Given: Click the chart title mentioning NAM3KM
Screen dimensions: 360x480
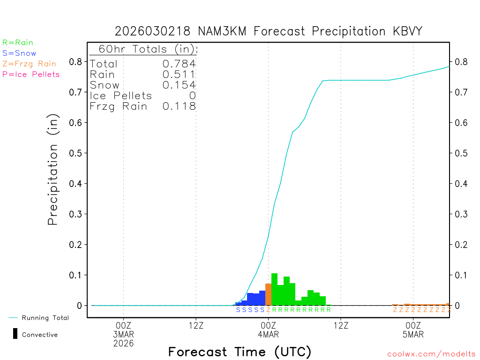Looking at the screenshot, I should click(x=269, y=31).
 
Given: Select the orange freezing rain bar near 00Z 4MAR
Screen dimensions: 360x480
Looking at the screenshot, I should click(x=268, y=294).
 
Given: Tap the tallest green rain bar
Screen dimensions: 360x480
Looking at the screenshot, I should click(x=274, y=289).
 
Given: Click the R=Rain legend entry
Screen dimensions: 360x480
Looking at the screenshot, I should click(x=18, y=42).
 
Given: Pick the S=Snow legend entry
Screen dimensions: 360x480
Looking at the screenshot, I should click(x=19, y=53).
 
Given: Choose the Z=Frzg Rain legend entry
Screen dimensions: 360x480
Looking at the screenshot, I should click(x=29, y=64).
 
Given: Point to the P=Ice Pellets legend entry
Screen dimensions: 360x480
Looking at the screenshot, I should click(x=31, y=74).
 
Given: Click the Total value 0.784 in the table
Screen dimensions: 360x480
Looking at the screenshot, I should click(x=179, y=64).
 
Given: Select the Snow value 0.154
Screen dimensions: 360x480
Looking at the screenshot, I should click(x=179, y=85).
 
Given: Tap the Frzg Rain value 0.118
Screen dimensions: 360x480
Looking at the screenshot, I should click(x=179, y=106).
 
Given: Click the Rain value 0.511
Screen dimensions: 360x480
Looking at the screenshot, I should click(x=179, y=74).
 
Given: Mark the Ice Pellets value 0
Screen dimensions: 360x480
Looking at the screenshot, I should click(x=192, y=96).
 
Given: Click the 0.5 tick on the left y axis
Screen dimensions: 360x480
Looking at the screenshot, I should click(x=75, y=153).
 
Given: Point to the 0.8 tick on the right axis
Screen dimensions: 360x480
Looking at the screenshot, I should click(x=460, y=61).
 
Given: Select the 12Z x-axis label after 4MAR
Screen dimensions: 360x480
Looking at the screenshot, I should click(x=340, y=325).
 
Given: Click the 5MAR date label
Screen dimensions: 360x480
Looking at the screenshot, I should click(x=413, y=334).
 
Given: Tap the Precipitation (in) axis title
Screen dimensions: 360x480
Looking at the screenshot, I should click(x=53, y=171).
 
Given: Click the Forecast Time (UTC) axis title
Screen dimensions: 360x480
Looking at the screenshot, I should click(x=240, y=352).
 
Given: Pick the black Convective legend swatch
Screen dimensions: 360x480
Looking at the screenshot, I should click(x=15, y=334).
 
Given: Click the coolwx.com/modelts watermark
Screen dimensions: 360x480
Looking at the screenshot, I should click(x=431, y=354).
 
